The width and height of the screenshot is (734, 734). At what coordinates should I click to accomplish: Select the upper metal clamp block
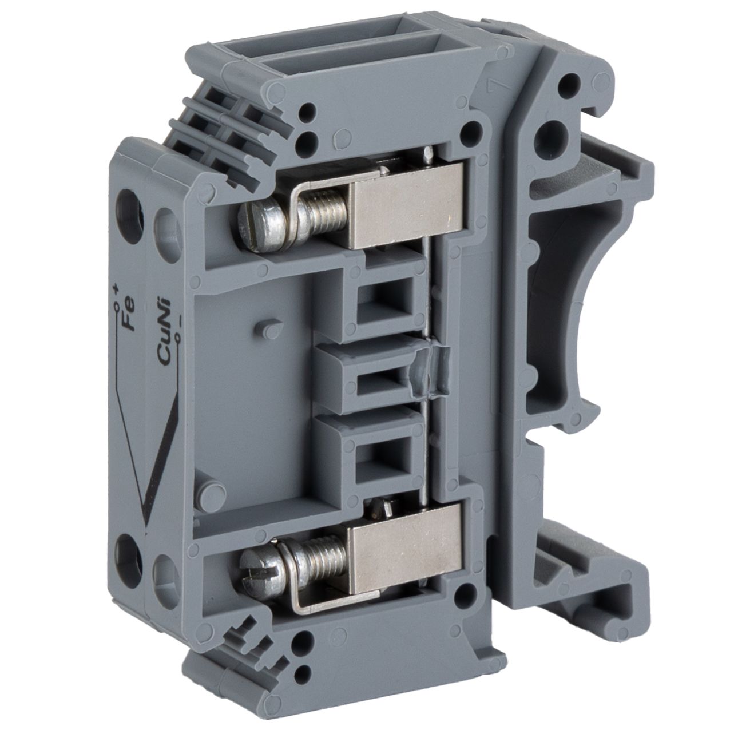coord(407,206)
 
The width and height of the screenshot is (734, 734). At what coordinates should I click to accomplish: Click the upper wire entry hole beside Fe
coord(129,212)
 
